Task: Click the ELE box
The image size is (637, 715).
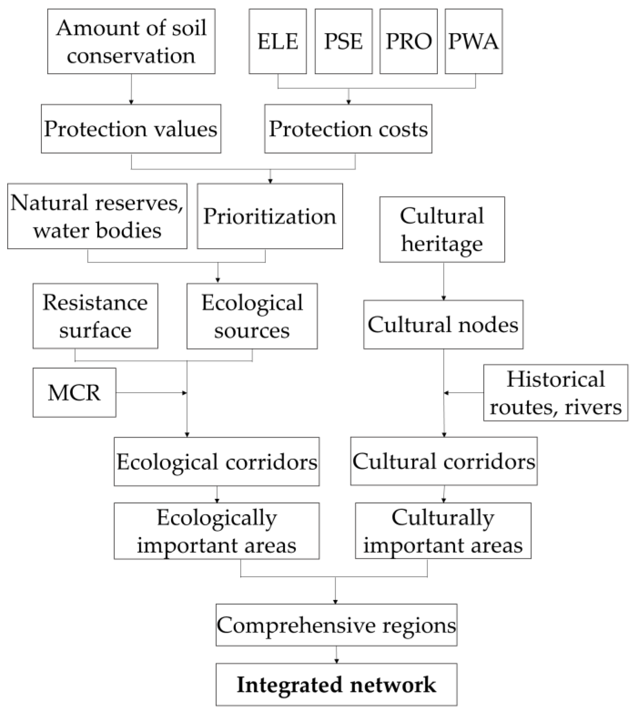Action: [278, 41]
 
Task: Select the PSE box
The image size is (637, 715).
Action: [343, 41]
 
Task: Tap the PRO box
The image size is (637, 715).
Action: [409, 41]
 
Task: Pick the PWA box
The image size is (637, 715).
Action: [474, 41]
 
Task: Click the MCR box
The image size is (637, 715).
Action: [74, 392]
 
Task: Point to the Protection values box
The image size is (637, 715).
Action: [131, 128]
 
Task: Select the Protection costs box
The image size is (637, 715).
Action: [348, 128]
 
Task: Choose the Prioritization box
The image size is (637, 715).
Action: [269, 216]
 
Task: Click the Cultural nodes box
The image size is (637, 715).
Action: [443, 324]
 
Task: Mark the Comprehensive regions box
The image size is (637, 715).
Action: [336, 625]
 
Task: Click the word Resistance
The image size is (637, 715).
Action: [95, 302]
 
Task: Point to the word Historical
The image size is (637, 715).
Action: [556, 379]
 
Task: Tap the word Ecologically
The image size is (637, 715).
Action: [217, 517]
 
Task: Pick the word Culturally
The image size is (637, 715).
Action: [443, 517]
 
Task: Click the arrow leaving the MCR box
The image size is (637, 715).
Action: [150, 393]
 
